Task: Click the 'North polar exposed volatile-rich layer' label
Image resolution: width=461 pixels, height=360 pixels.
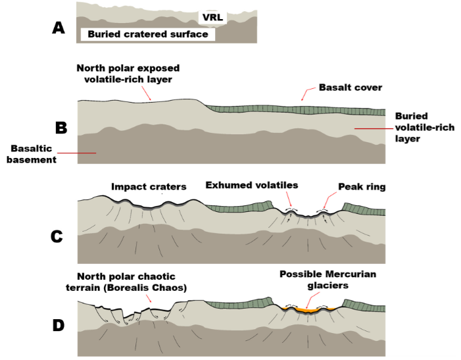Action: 128,73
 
